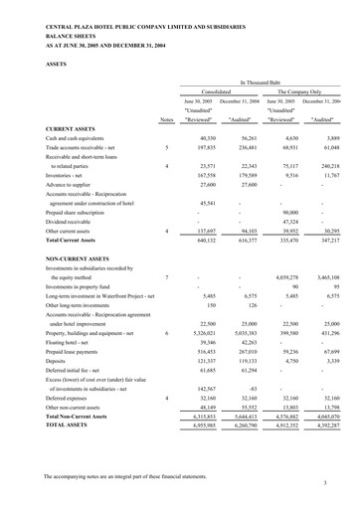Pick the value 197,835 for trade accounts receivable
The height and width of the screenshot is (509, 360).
[206, 146]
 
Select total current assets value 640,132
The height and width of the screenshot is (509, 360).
[206, 240]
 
